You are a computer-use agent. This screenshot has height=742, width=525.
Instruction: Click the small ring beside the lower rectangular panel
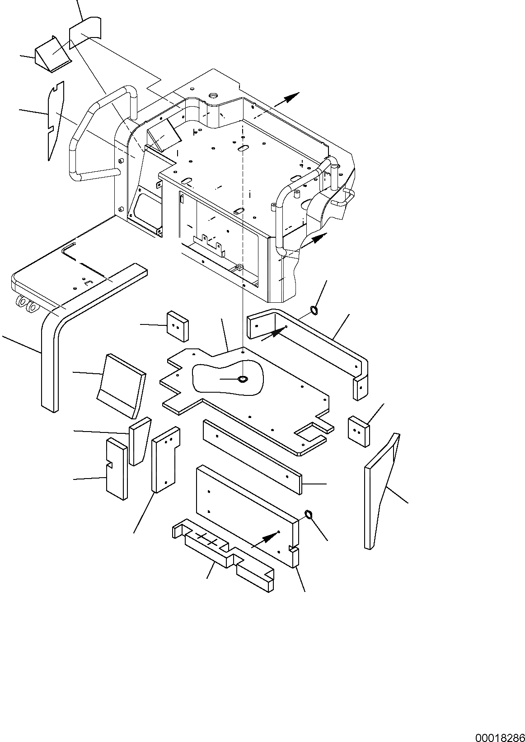309,514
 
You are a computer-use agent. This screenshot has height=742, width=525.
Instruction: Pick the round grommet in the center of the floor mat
243,378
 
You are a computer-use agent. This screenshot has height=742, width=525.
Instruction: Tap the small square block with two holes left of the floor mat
178,326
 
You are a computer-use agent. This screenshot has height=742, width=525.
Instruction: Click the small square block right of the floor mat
359,431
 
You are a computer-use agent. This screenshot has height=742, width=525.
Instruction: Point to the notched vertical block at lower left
117,470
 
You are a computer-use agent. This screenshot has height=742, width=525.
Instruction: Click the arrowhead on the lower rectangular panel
270,536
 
